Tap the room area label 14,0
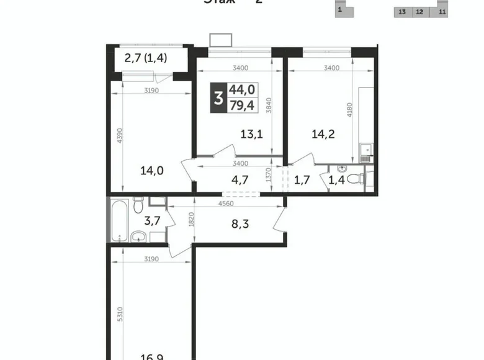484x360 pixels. click(152, 172)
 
